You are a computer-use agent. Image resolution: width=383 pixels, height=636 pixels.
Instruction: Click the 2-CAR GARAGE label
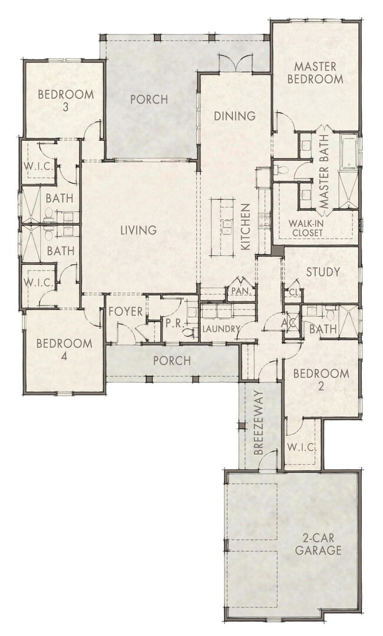pyautogui.click(x=320, y=544)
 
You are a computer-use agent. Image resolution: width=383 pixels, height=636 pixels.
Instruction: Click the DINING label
pyautogui.click(x=234, y=116)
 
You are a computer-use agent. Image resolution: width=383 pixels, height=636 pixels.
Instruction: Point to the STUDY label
pyautogui.click(x=322, y=272)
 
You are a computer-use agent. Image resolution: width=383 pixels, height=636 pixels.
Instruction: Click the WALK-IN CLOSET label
pyautogui.click(x=306, y=228)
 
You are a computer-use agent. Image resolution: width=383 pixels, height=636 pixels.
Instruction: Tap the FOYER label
pyautogui.click(x=126, y=311)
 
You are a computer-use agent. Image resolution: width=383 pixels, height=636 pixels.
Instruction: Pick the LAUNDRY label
pyautogui.click(x=220, y=329)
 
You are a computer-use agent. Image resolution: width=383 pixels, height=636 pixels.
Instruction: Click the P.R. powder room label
pyautogui.click(x=173, y=323)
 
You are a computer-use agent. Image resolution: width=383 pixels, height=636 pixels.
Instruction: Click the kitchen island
pyautogui.click(x=224, y=226)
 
